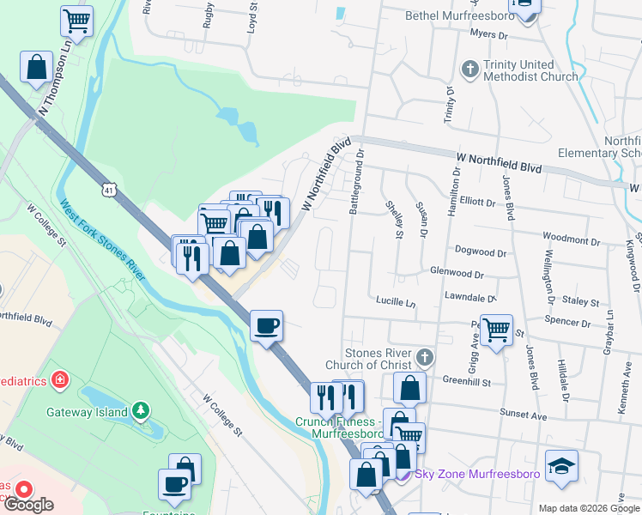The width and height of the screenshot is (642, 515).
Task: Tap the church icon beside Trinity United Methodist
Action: [x=469, y=68]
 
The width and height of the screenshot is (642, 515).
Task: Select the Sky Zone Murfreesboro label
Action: [x=470, y=473]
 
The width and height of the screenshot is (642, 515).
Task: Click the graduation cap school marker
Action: [x=561, y=464]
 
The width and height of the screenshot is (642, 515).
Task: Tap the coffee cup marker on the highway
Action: [x=266, y=325]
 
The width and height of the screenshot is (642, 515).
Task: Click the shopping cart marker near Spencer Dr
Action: [x=495, y=329]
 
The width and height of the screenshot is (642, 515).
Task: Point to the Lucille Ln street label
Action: [x=395, y=302]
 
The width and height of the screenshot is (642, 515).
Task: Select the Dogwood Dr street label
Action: [x=481, y=252]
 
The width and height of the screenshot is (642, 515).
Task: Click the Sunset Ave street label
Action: [x=524, y=415]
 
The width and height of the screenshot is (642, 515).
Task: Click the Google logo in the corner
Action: [x=28, y=505]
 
